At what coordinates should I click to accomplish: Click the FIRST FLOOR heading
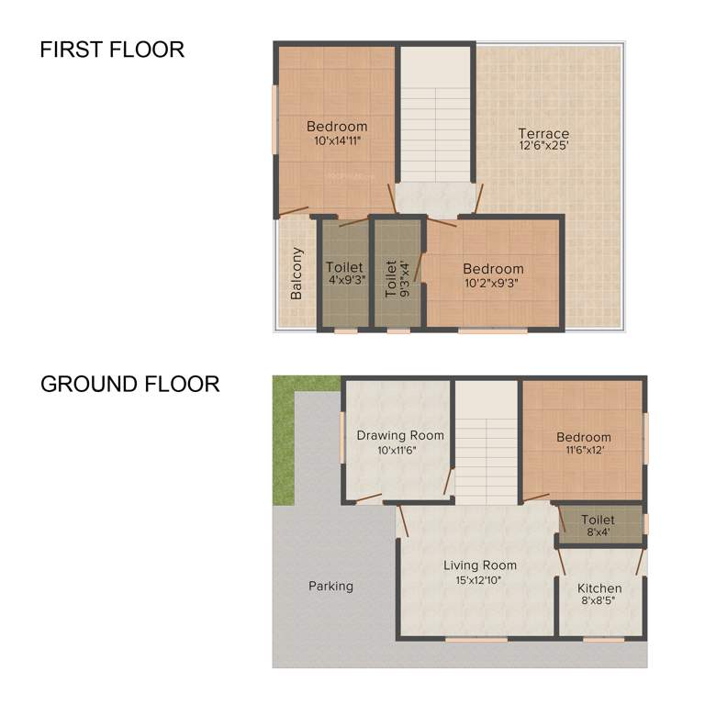pyautogui.click(x=112, y=50)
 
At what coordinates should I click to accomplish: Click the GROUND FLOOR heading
pyautogui.click(x=129, y=384)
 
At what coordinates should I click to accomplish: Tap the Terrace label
pyautogui.click(x=543, y=133)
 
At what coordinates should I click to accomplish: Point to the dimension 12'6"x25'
pyautogui.click(x=543, y=146)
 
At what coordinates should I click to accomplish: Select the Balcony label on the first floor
pyautogui.click(x=297, y=274)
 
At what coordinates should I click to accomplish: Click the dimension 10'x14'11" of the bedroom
pyautogui.click(x=337, y=140)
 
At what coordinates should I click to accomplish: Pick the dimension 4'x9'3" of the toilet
pyautogui.click(x=344, y=280)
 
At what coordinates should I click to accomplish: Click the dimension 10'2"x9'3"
pyautogui.click(x=493, y=283)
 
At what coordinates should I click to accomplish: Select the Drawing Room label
pyautogui.click(x=400, y=435)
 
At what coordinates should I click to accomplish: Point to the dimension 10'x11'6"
pyautogui.click(x=400, y=450)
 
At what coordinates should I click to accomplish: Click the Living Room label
pyautogui.click(x=479, y=565)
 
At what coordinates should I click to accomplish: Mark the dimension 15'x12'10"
pyautogui.click(x=479, y=580)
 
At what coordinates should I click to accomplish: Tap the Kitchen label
pyautogui.click(x=599, y=587)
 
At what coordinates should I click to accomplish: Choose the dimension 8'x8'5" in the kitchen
pyautogui.click(x=599, y=602)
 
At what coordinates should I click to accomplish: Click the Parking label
pyautogui.click(x=330, y=586)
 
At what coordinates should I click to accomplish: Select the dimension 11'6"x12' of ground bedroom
pyautogui.click(x=583, y=451)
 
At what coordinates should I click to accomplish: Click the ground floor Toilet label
pyautogui.click(x=598, y=520)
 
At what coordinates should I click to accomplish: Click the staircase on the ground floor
pyautogui.click(x=487, y=441)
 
